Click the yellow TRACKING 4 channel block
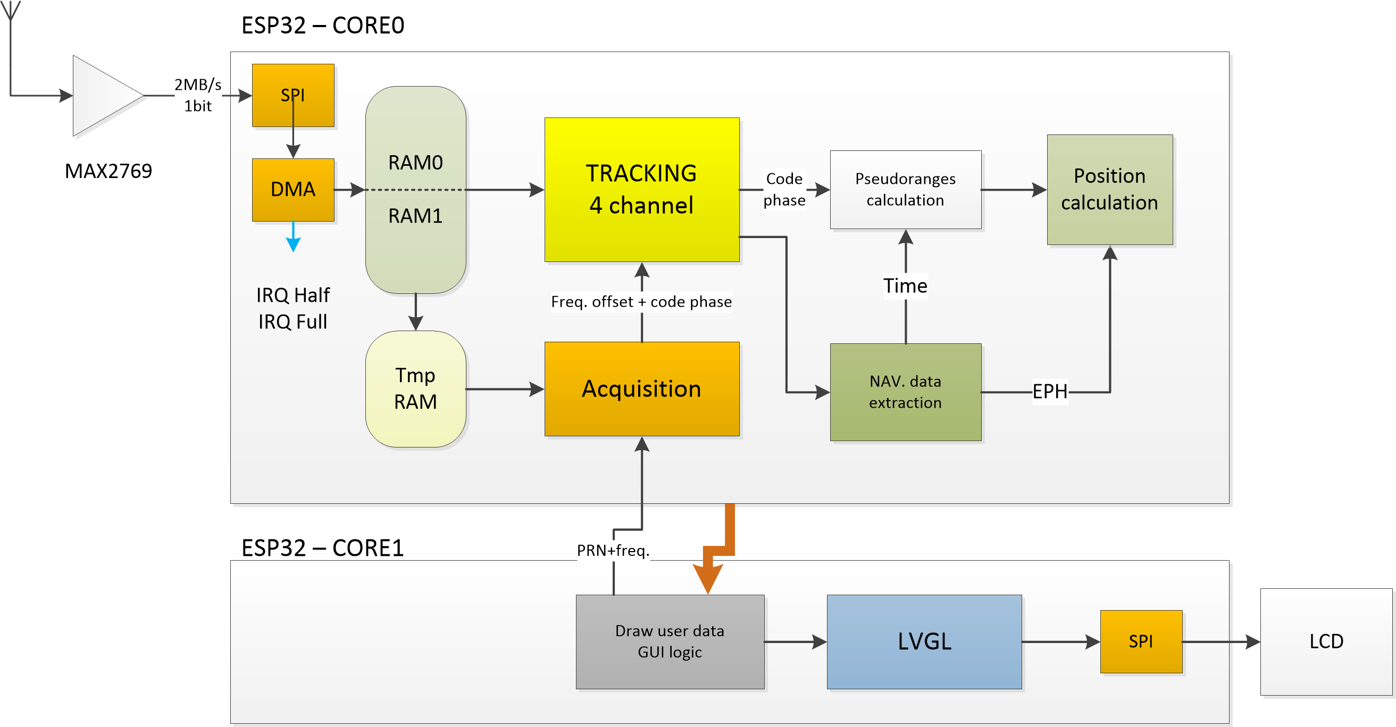[642, 189]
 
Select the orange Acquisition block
[642, 388]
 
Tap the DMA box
[292, 189]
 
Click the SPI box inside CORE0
[292, 95]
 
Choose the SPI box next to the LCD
[1141, 641]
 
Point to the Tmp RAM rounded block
[415, 388]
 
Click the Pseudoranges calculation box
[905, 189]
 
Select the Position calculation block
[1109, 189]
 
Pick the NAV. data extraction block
[905, 392]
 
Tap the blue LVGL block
[924, 641]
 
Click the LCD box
[1326, 641]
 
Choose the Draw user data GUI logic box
[670, 641]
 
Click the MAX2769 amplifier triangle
[103, 95]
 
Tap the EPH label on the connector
[1050, 391]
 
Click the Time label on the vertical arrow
[905, 285]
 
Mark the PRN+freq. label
[613, 551]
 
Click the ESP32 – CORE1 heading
[322, 548]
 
